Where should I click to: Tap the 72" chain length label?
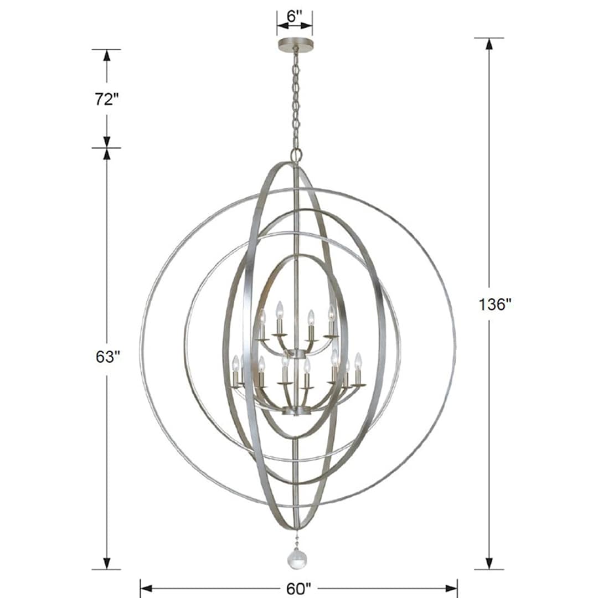(x=106, y=99)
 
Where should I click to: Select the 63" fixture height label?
(x=107, y=357)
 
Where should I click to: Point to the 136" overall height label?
(x=493, y=304)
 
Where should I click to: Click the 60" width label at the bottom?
(x=299, y=587)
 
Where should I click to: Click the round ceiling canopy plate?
(x=295, y=44)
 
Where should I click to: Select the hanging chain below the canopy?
(x=296, y=100)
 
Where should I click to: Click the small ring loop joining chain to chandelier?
(x=296, y=154)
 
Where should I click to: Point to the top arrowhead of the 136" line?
(x=489, y=44)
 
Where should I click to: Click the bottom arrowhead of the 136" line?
(x=489, y=563)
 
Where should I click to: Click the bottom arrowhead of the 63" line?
(x=107, y=563)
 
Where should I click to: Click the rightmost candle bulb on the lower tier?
(x=358, y=360)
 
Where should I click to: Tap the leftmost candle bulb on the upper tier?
(x=262, y=317)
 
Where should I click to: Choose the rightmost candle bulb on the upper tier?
(x=331, y=312)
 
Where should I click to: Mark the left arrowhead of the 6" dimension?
(x=282, y=25)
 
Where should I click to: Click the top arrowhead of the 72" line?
(x=107, y=55)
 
